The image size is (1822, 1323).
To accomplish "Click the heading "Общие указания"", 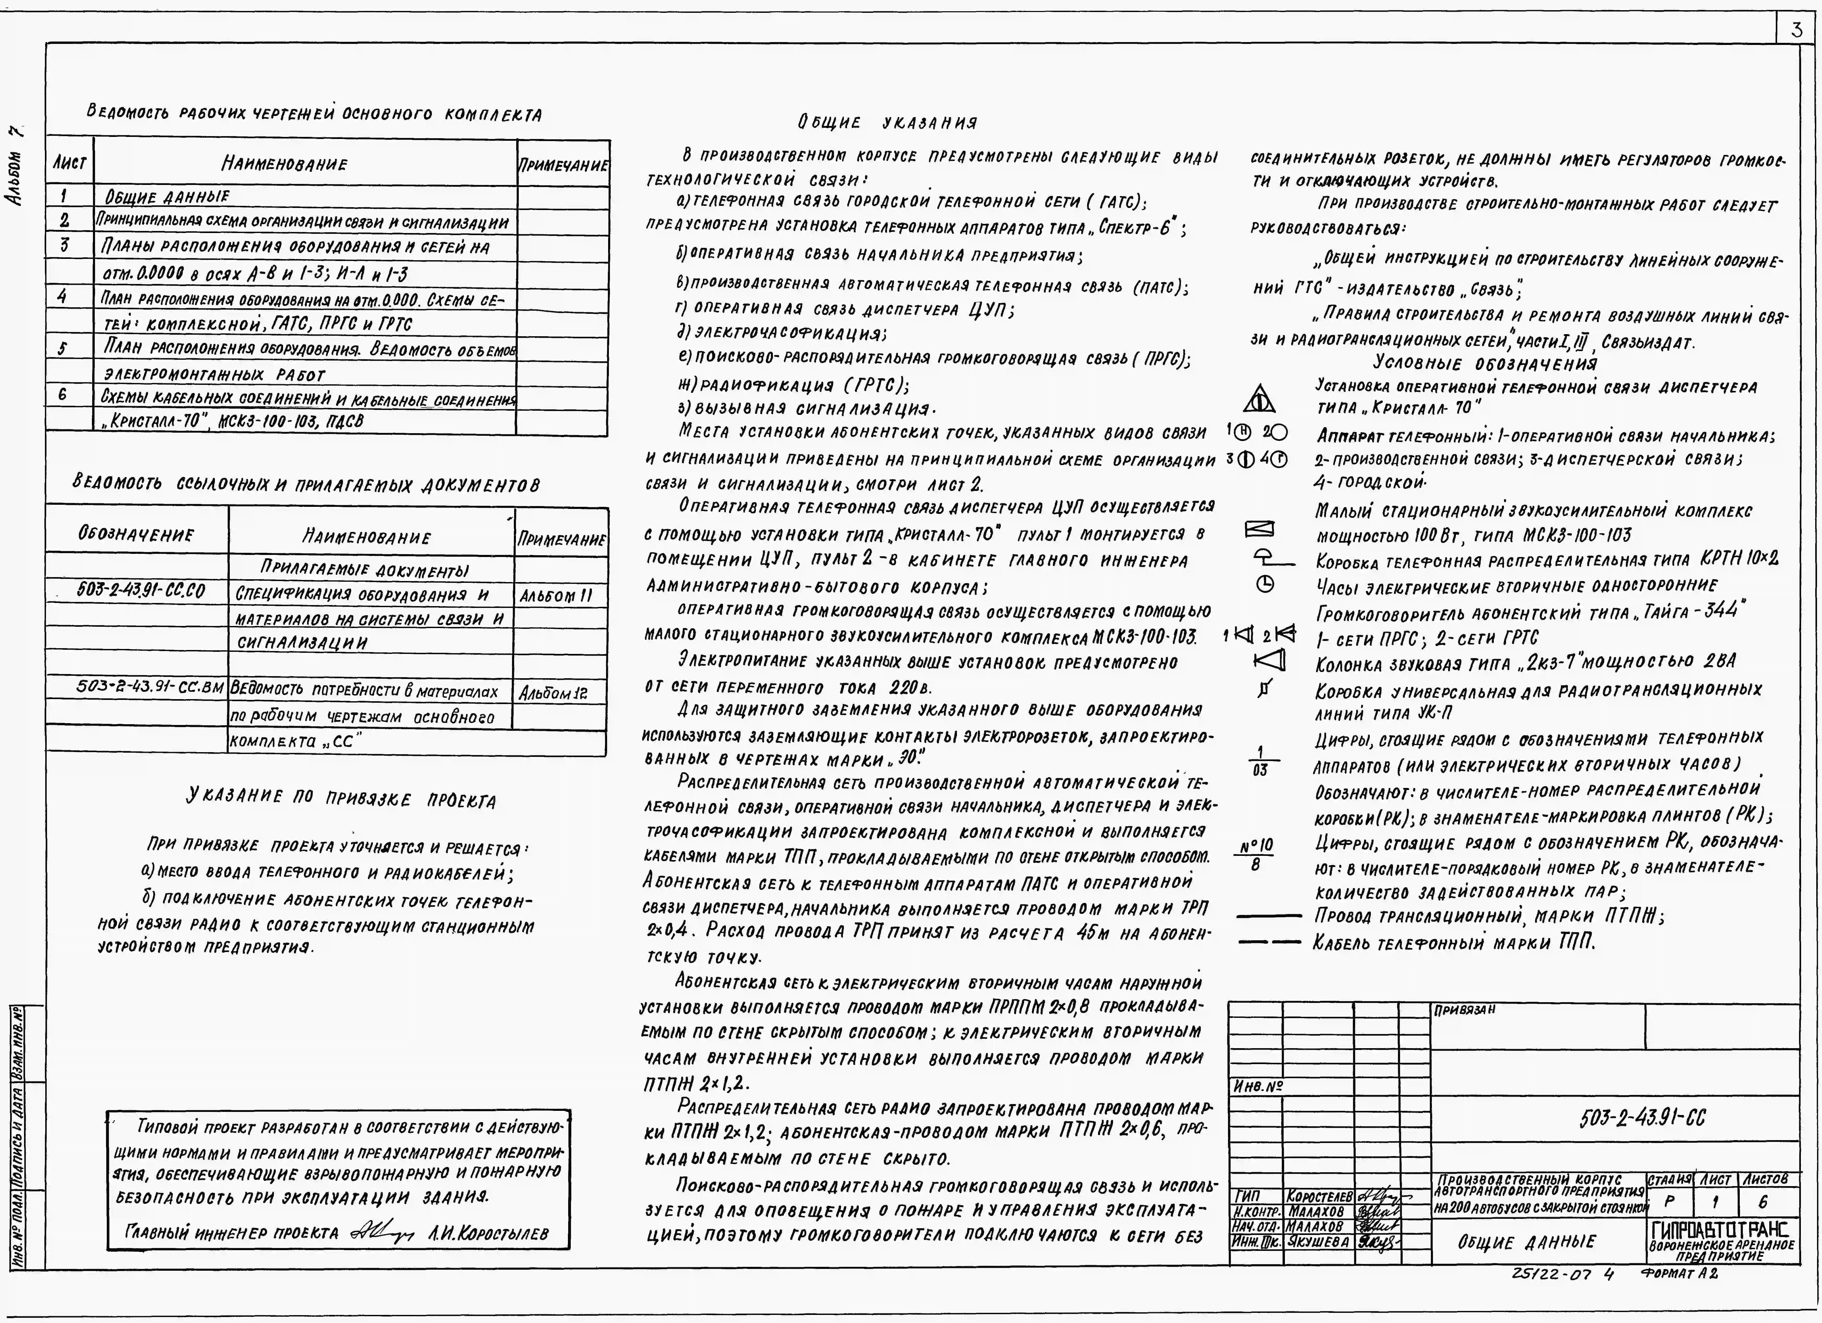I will click(x=888, y=123).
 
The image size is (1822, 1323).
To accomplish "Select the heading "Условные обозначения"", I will click(x=1485, y=363).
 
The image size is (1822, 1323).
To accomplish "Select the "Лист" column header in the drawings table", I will click(x=70, y=163).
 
